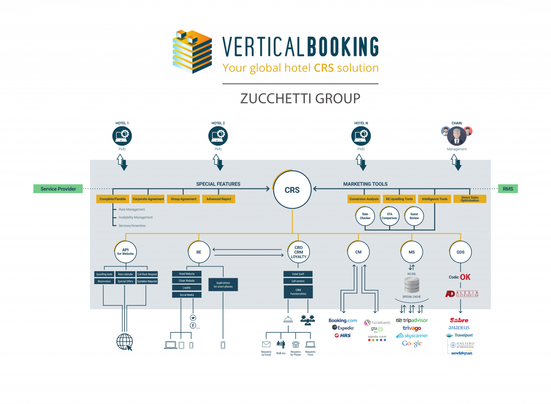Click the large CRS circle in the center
point(292,190)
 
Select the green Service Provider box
point(58,189)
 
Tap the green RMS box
point(508,188)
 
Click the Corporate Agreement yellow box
point(148,199)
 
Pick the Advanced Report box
point(219,199)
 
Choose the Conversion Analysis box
point(364,199)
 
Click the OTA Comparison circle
point(389,216)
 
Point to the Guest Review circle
point(414,216)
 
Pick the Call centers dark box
point(298,281)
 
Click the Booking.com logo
point(343,320)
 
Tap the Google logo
point(412,344)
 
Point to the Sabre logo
point(459,320)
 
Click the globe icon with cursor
point(124,342)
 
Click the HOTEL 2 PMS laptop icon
point(218,136)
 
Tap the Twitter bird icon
point(193,317)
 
